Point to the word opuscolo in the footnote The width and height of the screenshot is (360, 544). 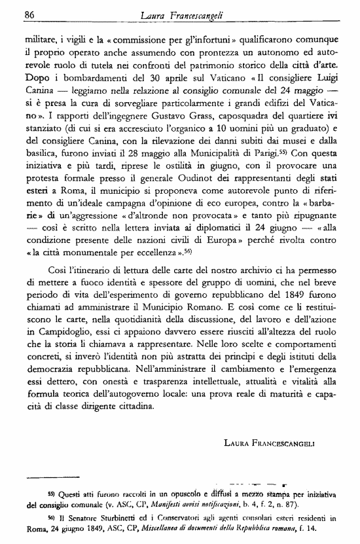click(192, 494)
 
